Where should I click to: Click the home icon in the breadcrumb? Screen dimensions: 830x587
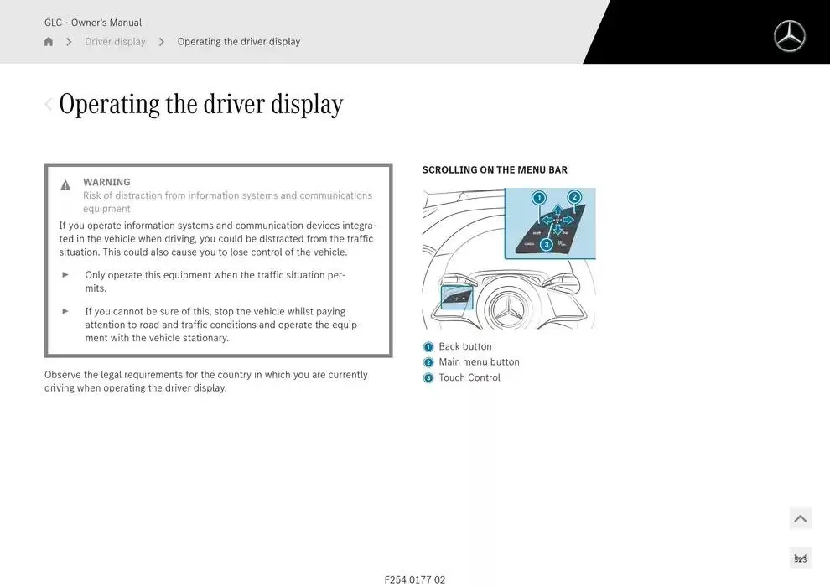[x=49, y=41]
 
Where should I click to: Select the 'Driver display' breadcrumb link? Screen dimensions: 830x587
[x=115, y=41]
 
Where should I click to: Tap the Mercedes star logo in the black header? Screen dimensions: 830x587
[x=789, y=36]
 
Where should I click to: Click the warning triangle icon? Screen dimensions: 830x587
[x=65, y=184]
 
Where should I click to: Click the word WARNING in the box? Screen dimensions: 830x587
[x=106, y=182]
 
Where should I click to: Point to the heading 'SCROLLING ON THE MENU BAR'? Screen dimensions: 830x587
[x=495, y=170]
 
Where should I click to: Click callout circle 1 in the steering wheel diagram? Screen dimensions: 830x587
[x=539, y=198]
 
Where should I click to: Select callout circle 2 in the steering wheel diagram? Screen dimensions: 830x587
[x=574, y=197]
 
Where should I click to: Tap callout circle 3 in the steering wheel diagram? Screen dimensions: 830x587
[x=547, y=244]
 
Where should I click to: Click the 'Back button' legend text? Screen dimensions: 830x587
[x=465, y=346]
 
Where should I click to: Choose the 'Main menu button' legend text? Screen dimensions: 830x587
[x=479, y=362]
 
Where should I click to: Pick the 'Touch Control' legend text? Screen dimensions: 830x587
[x=469, y=377]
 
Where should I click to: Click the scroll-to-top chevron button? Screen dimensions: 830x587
[x=801, y=519]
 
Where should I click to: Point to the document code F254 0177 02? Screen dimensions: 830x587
[x=415, y=579]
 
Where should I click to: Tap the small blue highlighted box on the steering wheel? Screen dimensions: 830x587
[x=457, y=297]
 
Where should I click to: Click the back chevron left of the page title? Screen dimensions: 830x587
[x=48, y=104]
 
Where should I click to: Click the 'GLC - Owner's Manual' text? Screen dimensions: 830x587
[x=93, y=23]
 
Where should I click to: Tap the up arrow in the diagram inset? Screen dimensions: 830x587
[x=558, y=209]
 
